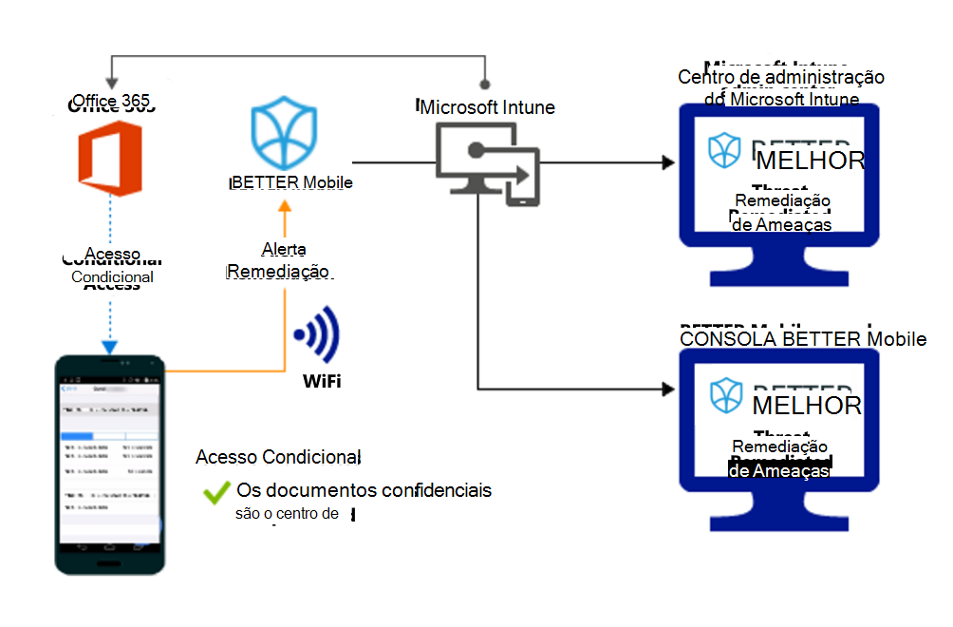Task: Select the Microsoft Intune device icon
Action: pyautogui.click(x=486, y=163)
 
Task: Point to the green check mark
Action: pyautogui.click(x=216, y=492)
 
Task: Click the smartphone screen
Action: pyautogui.click(x=109, y=465)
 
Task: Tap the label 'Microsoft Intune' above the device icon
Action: pyautogui.click(x=488, y=107)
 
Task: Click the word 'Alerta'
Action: pyautogui.click(x=284, y=250)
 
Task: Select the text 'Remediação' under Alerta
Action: pyautogui.click(x=278, y=271)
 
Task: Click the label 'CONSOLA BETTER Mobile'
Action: pyautogui.click(x=803, y=339)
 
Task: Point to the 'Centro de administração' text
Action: pyautogui.click(x=781, y=77)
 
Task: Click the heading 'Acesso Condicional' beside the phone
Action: pyautogui.click(x=278, y=458)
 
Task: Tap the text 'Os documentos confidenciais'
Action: pyautogui.click(x=364, y=491)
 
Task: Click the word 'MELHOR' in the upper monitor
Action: pyautogui.click(x=810, y=161)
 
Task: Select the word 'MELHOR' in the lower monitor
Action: pyautogui.click(x=807, y=407)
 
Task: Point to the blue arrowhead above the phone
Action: pyautogui.click(x=110, y=347)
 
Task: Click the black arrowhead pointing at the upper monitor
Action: pyautogui.click(x=667, y=163)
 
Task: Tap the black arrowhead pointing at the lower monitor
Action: pyautogui.click(x=667, y=389)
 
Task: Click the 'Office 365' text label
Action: pyautogui.click(x=111, y=101)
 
